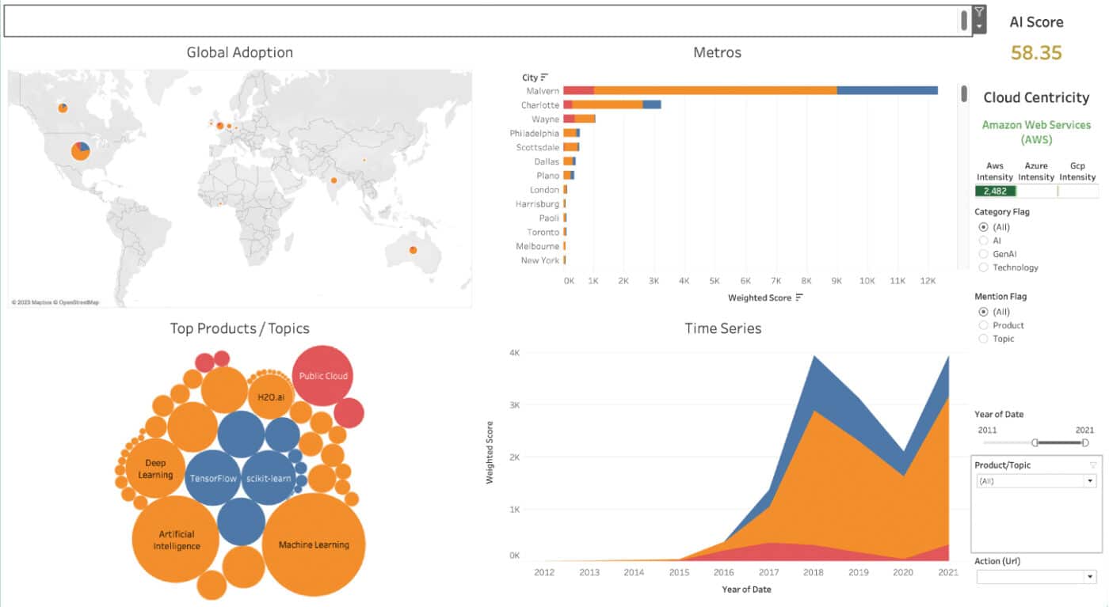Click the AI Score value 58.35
1035,53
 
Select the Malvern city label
543,91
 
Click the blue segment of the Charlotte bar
651,104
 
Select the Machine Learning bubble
314,544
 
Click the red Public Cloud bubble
322,376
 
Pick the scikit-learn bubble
268,478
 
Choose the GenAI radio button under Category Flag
984,254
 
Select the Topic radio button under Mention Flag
984,339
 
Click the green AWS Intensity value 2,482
995,192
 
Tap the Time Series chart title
722,328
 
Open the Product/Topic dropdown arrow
1090,481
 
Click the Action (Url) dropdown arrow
1090,577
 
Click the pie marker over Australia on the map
413,250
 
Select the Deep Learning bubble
155,469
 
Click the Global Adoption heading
239,53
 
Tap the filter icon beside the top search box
979,13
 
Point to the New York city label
539,260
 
